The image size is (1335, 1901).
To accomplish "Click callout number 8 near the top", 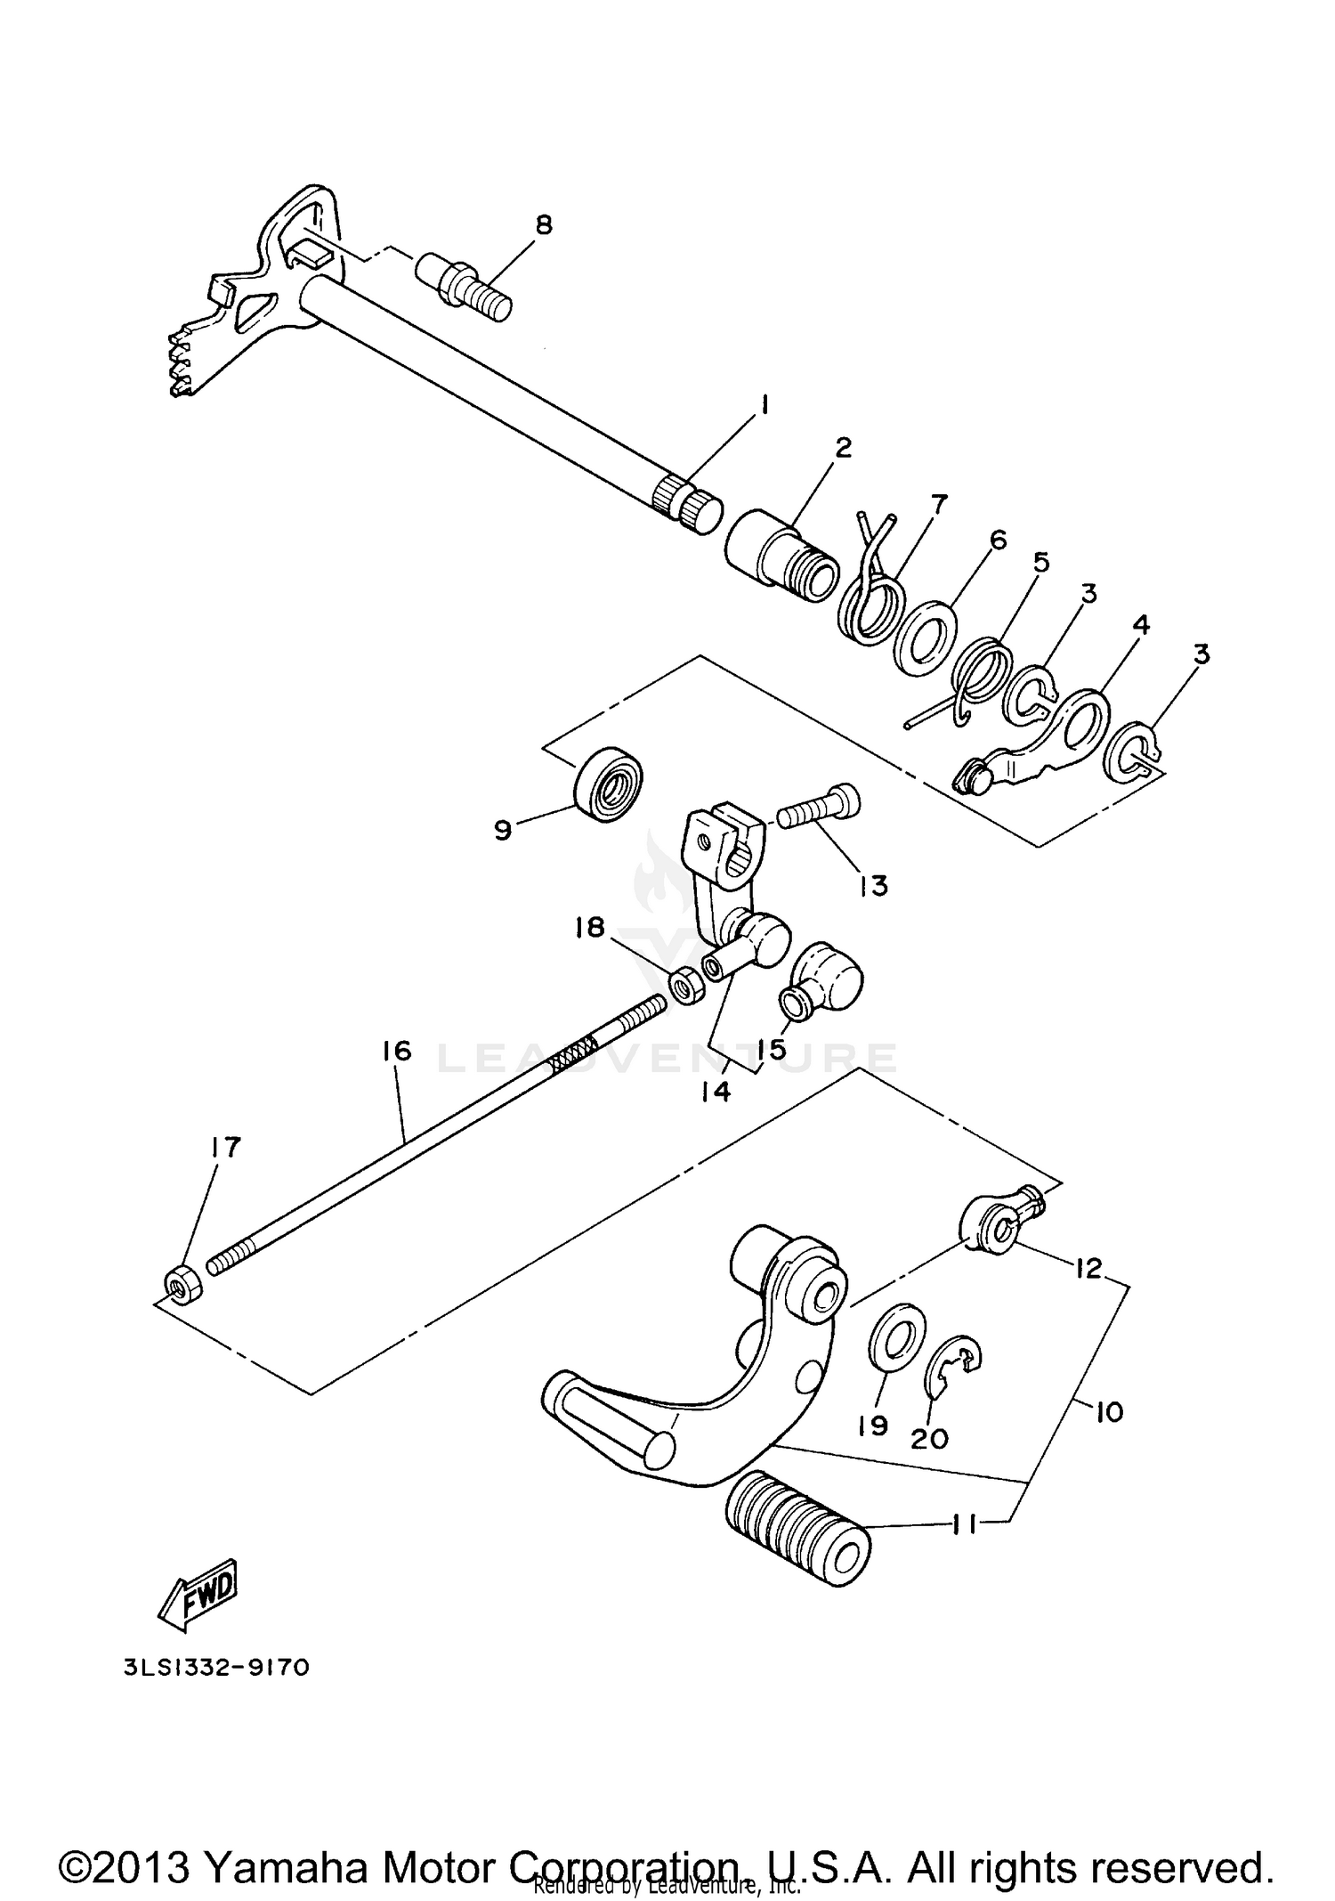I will (x=543, y=224).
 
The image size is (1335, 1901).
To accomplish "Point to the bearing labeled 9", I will (x=610, y=781).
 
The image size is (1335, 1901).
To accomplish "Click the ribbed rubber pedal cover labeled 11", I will (x=797, y=1538).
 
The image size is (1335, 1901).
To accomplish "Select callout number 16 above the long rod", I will (x=398, y=1051).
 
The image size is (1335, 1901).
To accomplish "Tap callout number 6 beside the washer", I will (x=998, y=540).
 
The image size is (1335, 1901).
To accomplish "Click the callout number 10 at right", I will (x=1110, y=1412).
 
